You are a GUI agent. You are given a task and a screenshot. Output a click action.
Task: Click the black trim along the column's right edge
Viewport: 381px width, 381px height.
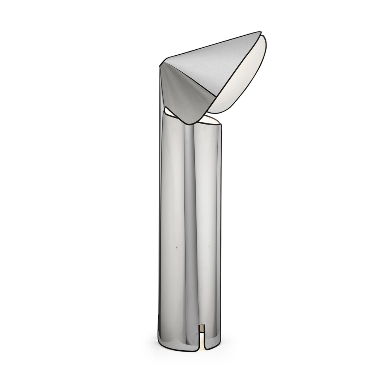tap(221, 229)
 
